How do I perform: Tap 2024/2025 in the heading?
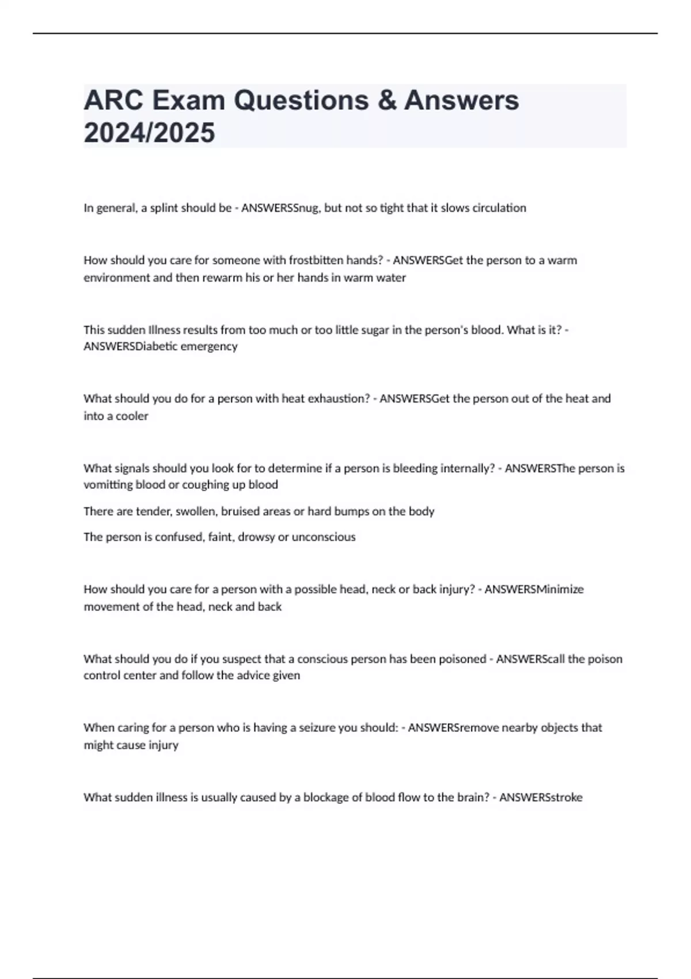149,133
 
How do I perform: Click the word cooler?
132,416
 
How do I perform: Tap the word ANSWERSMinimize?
534,589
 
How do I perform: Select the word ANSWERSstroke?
541,798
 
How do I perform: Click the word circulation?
499,208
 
